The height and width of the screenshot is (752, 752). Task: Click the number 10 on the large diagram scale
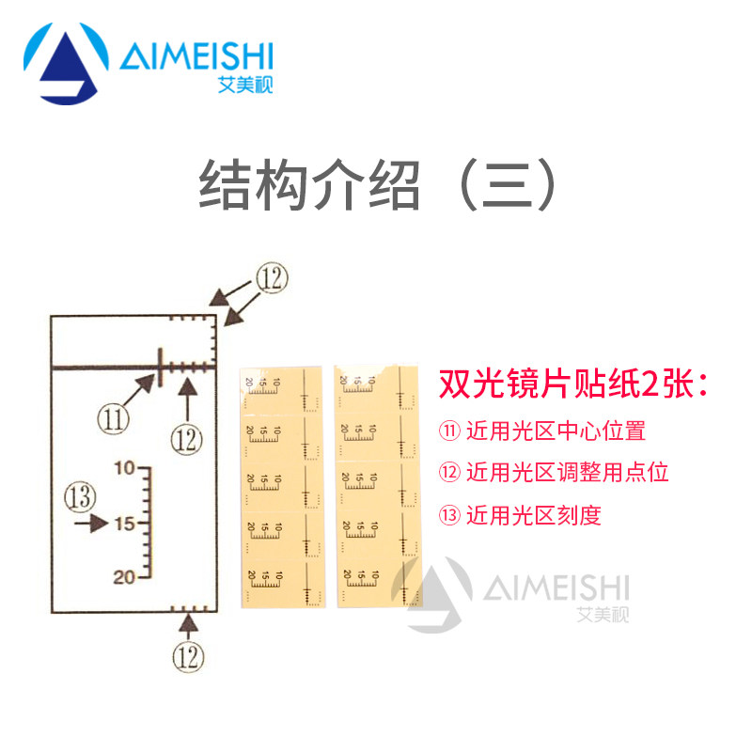coord(125,467)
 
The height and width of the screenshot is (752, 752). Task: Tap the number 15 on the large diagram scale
coord(125,523)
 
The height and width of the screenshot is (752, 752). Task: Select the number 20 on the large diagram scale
coord(125,577)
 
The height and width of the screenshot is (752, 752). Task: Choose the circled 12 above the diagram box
coord(269,276)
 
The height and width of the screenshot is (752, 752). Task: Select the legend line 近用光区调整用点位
coord(554,473)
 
